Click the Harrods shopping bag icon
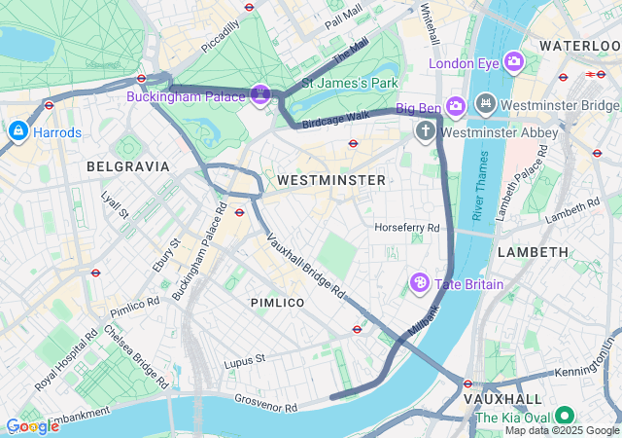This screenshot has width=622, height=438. click(x=17, y=130)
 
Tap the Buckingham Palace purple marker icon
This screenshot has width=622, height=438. click(x=259, y=94)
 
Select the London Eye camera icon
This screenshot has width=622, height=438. click(x=512, y=63)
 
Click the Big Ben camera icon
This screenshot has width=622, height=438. click(x=456, y=104)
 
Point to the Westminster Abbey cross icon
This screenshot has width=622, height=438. click(x=425, y=130)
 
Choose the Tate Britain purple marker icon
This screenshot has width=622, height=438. click(x=419, y=284)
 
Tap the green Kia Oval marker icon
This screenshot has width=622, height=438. click(x=564, y=420)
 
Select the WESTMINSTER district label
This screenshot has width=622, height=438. click(x=330, y=180)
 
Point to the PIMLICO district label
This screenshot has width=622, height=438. click(x=277, y=303)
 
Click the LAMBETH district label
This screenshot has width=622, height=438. click(x=533, y=252)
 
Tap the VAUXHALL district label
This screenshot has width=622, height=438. click(x=501, y=399)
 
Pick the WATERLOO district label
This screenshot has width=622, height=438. click(x=580, y=46)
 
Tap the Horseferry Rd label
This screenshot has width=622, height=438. click(x=407, y=228)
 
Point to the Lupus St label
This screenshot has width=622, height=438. click(x=246, y=360)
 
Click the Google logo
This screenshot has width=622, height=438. click(x=31, y=426)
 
